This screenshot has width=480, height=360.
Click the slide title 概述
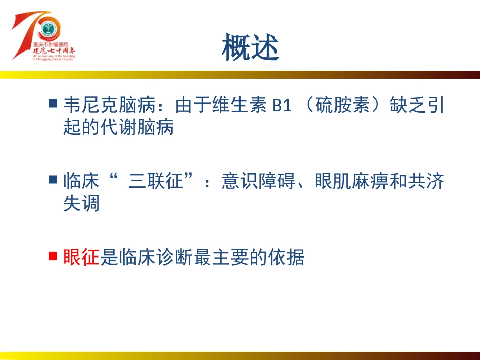(x=251, y=47)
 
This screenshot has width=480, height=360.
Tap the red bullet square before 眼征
(x=52, y=256)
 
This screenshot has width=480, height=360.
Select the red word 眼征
(x=81, y=258)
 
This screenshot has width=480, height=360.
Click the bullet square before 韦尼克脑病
(x=52, y=104)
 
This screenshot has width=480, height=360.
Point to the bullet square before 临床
(x=52, y=179)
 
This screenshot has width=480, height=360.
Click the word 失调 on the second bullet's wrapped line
(x=81, y=203)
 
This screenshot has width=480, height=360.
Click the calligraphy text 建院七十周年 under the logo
(x=54, y=51)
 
